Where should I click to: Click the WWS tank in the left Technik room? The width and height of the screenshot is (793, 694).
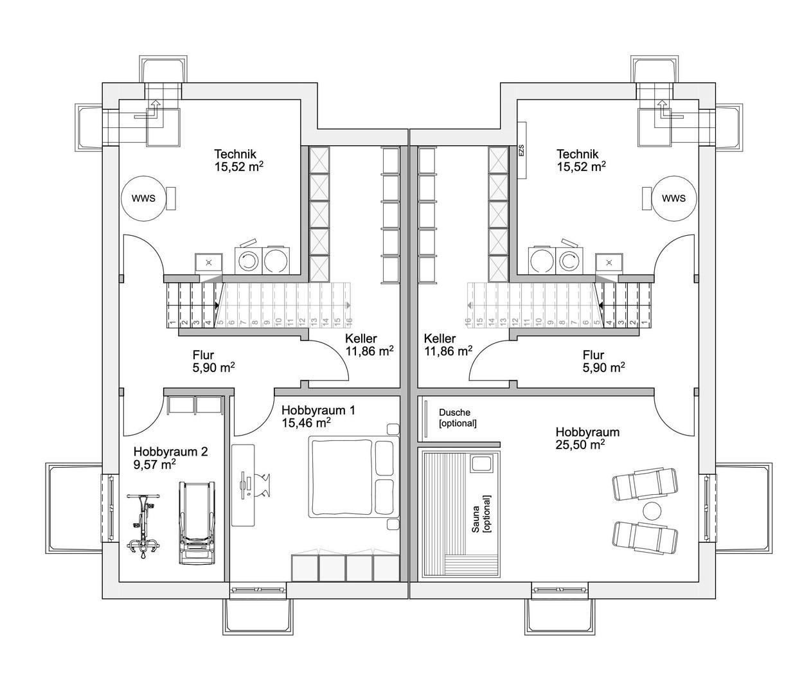[x=144, y=198]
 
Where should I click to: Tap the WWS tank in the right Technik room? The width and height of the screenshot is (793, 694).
[x=673, y=198]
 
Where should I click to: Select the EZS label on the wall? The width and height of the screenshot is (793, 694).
[x=521, y=150]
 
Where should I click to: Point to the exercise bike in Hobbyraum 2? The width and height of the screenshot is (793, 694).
[x=143, y=526]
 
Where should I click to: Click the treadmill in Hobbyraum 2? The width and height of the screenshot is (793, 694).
[x=197, y=522]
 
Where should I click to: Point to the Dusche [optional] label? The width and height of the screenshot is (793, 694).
[x=458, y=418]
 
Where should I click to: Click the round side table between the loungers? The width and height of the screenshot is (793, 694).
[x=652, y=511]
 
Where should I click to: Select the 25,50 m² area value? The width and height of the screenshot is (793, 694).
[x=580, y=445]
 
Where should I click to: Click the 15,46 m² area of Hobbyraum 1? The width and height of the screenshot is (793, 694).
[x=306, y=423]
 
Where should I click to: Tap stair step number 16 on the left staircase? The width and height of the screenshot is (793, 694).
[x=349, y=321]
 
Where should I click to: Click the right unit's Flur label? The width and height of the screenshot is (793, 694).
[x=593, y=355]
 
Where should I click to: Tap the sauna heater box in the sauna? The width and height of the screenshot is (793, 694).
[x=480, y=463]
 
